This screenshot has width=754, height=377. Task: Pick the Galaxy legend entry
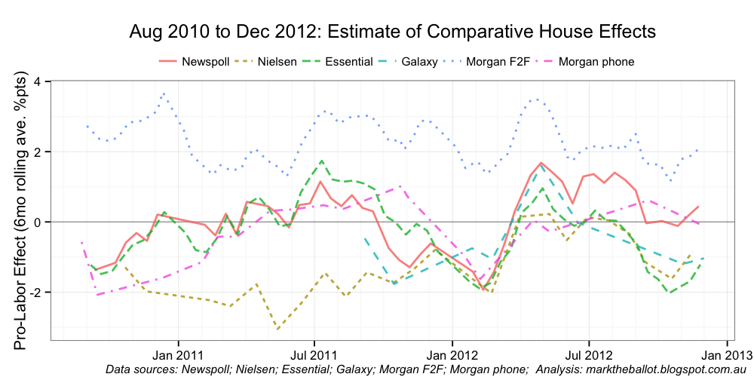(x=420, y=61)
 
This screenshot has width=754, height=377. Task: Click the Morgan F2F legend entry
(x=498, y=61)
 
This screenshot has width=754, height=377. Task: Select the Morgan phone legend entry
(x=596, y=61)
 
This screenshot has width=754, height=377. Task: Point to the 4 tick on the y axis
(x=38, y=81)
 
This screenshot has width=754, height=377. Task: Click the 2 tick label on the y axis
(x=38, y=152)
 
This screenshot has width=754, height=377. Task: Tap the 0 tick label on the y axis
(x=38, y=222)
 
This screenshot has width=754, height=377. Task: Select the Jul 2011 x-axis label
(x=314, y=354)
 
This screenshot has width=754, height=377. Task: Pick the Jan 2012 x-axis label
(x=452, y=354)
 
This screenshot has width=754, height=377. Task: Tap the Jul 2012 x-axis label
(x=588, y=354)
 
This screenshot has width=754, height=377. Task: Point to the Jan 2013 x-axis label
(x=727, y=354)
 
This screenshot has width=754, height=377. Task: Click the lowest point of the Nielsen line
(x=278, y=329)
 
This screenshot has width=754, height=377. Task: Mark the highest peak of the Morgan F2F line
(x=164, y=94)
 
